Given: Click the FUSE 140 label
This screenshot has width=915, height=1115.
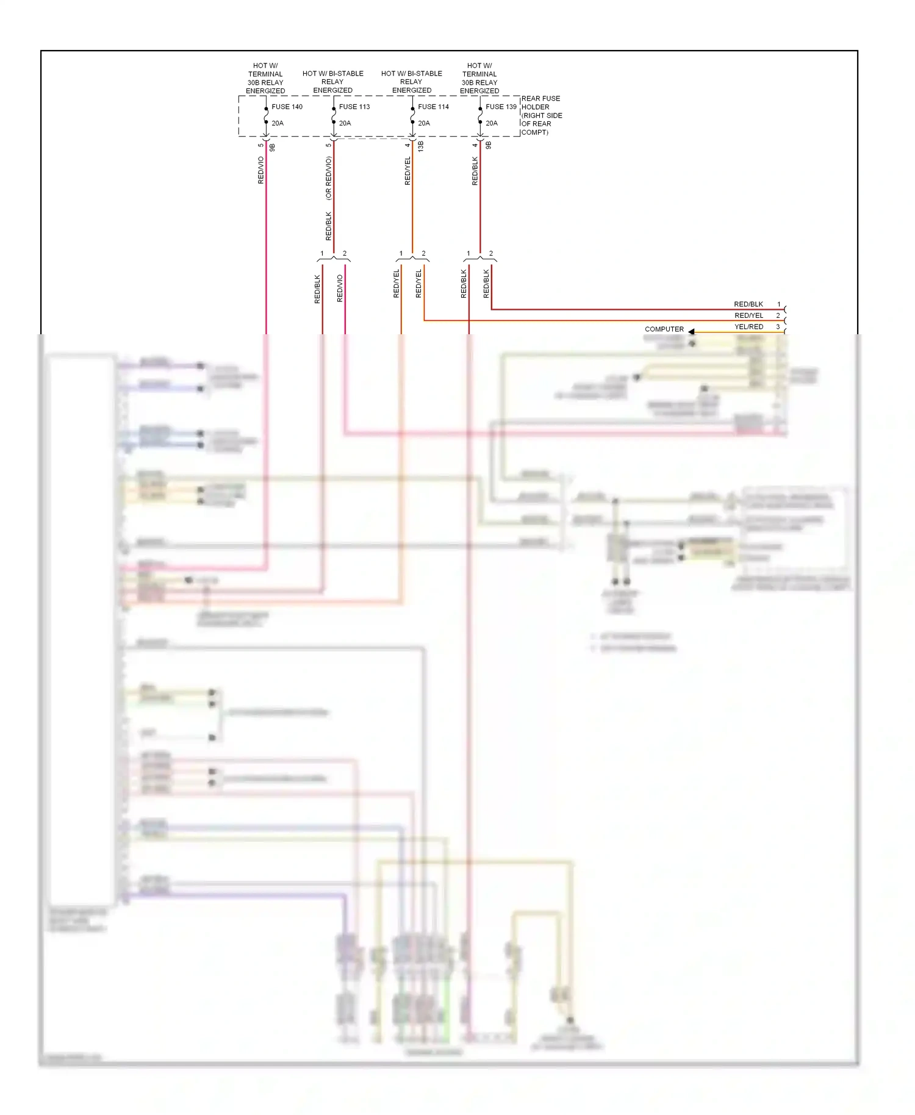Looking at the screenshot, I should [287, 107].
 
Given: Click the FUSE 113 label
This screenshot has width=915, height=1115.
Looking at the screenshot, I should [354, 107].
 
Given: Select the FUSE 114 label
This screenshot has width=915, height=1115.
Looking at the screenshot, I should [433, 107].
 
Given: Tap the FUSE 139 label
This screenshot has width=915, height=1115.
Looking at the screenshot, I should [501, 107].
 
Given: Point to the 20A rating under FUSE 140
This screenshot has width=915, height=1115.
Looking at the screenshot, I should [278, 123].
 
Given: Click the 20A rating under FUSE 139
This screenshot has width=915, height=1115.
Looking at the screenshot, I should [492, 123].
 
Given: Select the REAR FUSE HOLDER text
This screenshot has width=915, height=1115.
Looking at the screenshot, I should [541, 102].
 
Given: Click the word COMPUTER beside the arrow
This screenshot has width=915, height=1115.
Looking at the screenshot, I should [664, 329].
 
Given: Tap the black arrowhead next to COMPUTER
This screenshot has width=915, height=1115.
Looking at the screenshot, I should [692, 331].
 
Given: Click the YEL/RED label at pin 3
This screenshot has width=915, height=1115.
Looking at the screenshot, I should [748, 327].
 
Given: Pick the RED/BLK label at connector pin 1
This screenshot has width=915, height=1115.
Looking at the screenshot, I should [748, 304].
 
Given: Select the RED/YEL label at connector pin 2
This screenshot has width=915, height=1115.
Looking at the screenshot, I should [748, 316].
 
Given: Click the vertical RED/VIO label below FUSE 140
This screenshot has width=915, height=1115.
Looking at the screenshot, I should [261, 170].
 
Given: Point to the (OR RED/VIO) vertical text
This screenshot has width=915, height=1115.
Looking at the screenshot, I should [329, 178].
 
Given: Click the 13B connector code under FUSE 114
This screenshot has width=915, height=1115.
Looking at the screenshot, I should [420, 146].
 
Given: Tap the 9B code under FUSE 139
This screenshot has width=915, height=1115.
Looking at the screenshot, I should [488, 146].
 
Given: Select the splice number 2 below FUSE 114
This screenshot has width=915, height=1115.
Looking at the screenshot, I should [423, 253].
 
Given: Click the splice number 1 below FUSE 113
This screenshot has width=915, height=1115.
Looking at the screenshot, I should [322, 253].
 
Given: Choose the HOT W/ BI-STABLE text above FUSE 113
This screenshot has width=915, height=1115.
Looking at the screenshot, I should [333, 74].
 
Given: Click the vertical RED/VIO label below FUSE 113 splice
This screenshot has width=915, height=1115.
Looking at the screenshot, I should [340, 288].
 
